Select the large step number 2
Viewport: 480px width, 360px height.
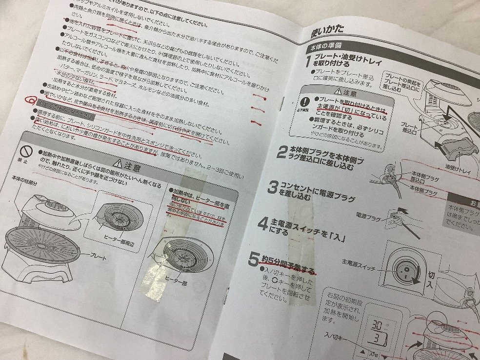coord(281,152)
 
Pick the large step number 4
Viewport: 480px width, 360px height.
coord(263,225)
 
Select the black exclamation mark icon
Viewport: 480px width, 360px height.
coord(304,103)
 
